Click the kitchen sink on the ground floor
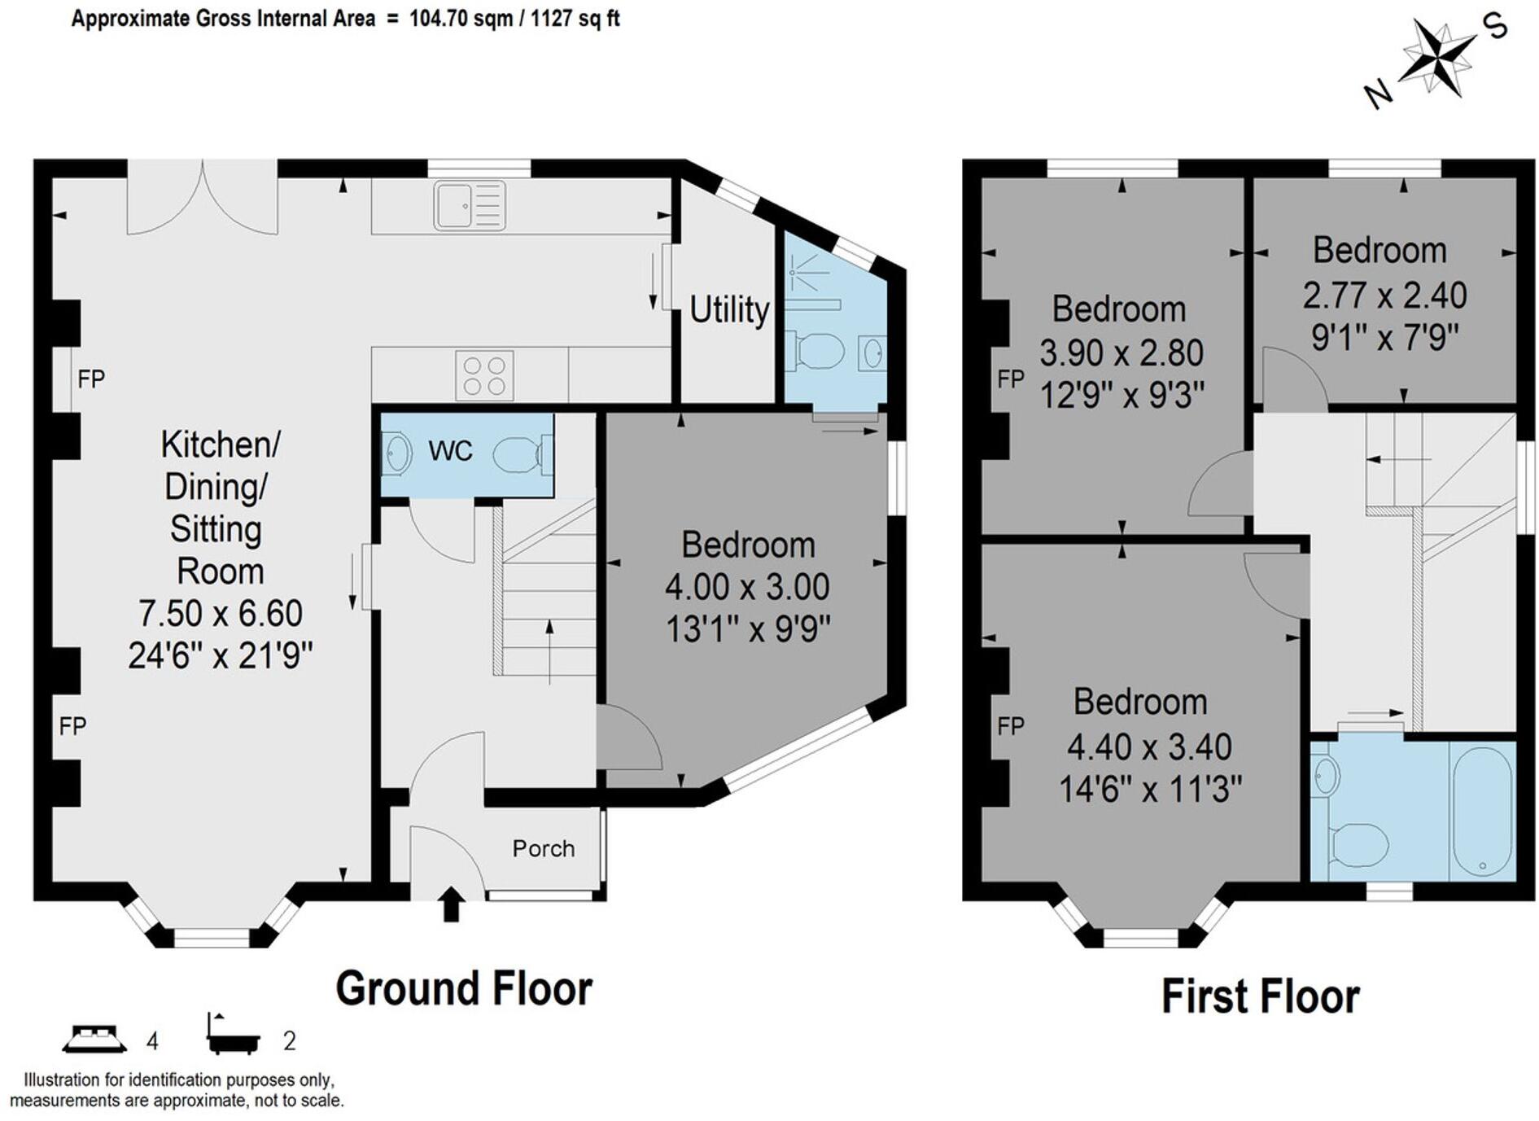pyautogui.click(x=470, y=205)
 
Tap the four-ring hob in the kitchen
pyautogui.click(x=484, y=375)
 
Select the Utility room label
pyautogui.click(x=729, y=310)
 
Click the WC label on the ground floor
pyautogui.click(x=450, y=450)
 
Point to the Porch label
pyautogui.click(x=544, y=849)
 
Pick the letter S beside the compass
pyautogui.click(x=1497, y=28)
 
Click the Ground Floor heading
pyautogui.click(x=464, y=988)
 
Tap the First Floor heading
pyautogui.click(x=1260, y=996)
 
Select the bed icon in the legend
pyautogui.click(x=94, y=1038)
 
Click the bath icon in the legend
pyautogui.click(x=233, y=1035)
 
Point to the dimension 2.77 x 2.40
pyautogui.click(x=1384, y=295)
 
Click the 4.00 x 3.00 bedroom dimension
pyautogui.click(x=747, y=587)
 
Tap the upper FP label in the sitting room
pyautogui.click(x=91, y=379)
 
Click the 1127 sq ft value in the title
pyautogui.click(x=575, y=18)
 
